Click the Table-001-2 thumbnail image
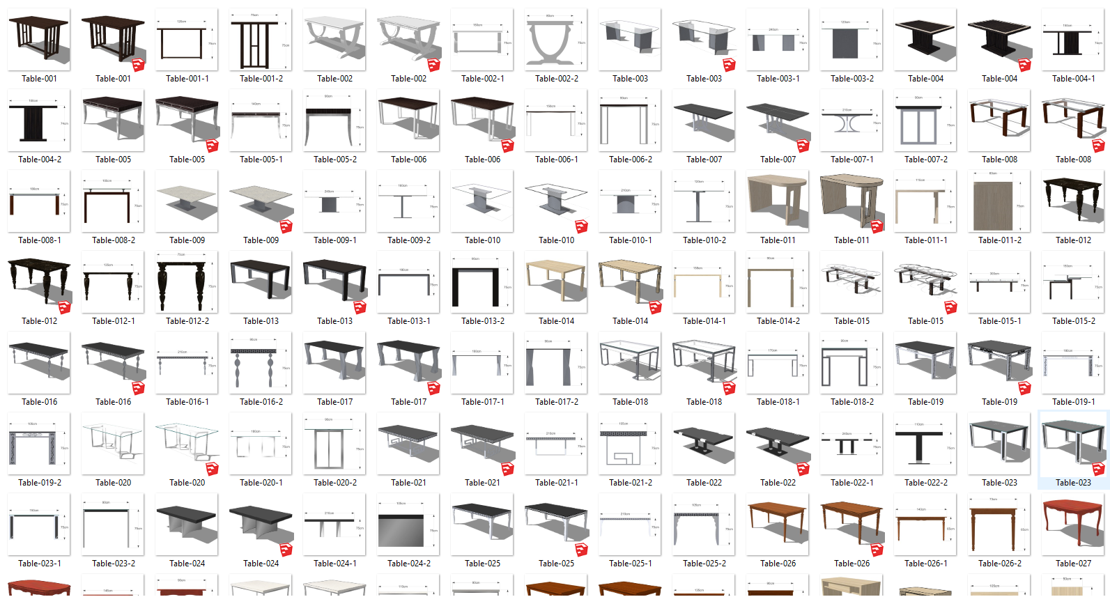coord(261,40)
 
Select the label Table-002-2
coord(556,79)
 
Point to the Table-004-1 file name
coord(1073,79)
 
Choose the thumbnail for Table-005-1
coord(261,121)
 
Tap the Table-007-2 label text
coord(925,160)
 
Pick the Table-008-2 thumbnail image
coord(113,201)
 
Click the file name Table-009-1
coord(334,240)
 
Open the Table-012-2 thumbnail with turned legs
coord(187,282)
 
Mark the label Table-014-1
coord(704,321)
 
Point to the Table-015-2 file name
coord(1073,321)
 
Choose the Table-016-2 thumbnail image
coord(261,363)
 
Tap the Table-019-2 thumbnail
coord(39,444)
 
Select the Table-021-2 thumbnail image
coord(630,444)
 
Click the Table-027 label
coord(1073,564)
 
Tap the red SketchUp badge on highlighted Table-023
coord(1098,468)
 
